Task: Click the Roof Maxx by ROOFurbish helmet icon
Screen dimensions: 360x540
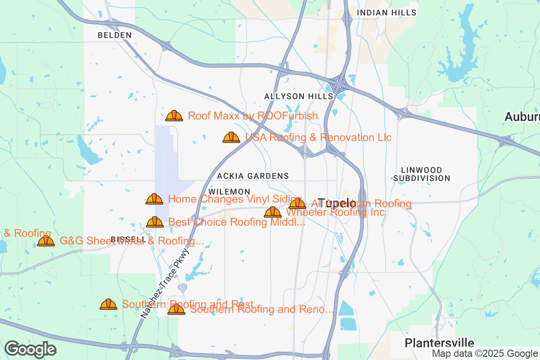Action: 174,116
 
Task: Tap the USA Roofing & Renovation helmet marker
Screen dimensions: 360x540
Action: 231,137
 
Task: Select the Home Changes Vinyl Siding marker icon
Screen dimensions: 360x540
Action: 154,199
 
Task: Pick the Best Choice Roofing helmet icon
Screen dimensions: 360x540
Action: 155,222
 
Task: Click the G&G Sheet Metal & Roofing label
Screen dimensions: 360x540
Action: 132,241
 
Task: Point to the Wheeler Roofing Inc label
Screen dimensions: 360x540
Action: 335,212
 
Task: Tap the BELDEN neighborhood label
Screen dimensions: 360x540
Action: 115,35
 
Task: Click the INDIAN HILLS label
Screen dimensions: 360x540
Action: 387,13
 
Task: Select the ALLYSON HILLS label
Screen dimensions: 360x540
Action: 299,96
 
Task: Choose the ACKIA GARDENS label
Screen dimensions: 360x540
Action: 253,175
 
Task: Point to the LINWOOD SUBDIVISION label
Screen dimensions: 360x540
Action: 422,174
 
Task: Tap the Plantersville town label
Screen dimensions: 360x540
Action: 433,342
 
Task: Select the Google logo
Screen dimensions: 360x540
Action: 31,349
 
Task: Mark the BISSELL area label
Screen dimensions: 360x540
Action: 128,239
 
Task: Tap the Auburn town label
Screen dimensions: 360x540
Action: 522,117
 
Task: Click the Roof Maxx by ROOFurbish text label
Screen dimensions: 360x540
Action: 253,116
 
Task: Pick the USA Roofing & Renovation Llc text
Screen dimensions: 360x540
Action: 318,137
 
